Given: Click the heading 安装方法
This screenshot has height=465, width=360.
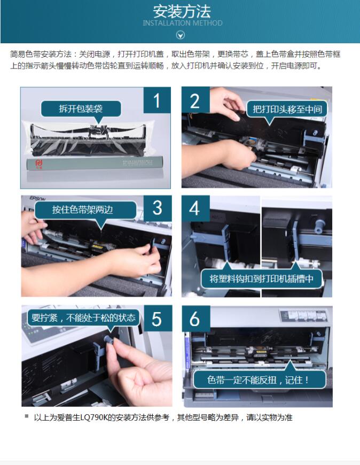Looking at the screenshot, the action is coord(182,11).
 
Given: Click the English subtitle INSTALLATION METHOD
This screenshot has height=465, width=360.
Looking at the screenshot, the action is coord(183,23).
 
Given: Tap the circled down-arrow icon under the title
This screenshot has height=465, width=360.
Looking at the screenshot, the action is coord(181,35).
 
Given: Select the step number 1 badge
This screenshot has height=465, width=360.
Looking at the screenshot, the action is coord(157,100).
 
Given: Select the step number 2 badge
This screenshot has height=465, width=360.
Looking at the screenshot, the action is coord(195,100).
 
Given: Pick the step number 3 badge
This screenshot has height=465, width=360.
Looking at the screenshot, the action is coord(158,208).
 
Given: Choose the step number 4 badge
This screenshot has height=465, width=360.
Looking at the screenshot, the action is coord(195,208).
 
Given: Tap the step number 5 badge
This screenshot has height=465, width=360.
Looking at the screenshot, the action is coord(157,319).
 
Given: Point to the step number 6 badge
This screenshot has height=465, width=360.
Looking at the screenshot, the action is coord(195,319).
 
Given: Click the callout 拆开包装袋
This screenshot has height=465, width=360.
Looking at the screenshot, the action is coord(81,109).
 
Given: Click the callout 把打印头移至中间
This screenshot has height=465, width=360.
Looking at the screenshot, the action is coord(287,109).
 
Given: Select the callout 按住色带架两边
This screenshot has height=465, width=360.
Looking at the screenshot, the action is coord(83,210).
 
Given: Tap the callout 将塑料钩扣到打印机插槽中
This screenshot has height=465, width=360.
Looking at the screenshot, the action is coord(261,278).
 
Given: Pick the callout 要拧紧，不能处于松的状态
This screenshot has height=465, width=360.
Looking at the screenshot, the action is coord(83,318).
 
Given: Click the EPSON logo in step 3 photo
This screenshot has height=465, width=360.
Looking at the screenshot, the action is coord(37,198).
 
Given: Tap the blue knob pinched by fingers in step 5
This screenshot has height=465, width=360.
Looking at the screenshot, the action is coord(108,340).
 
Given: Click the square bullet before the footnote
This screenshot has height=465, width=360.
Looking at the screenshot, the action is coord(27,416).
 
